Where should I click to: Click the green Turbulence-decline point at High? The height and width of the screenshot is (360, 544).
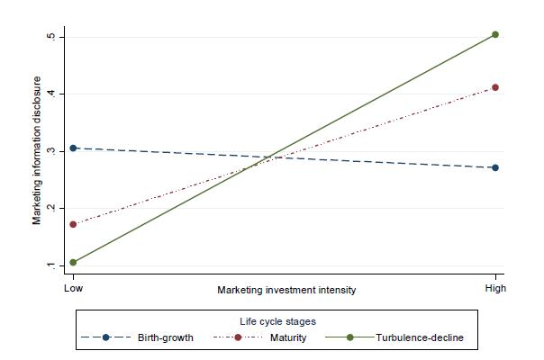tap(494, 35)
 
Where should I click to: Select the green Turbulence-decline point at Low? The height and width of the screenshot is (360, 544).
tap(73, 263)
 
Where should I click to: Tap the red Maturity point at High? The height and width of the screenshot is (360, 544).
tap(494, 87)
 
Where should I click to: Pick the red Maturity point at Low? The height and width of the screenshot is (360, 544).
tap(73, 224)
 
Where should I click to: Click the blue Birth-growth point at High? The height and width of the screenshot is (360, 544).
tap(494, 167)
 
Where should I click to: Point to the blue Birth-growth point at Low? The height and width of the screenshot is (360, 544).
tap(73, 148)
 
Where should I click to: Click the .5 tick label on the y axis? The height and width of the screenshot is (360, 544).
tap(50, 36)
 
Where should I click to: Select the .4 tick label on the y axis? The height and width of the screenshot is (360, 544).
tap(50, 94)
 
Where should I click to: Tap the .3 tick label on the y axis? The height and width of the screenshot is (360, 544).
tap(50, 150)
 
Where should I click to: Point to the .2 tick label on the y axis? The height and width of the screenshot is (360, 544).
tap(50, 208)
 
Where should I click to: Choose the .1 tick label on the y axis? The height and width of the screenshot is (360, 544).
tap(50, 265)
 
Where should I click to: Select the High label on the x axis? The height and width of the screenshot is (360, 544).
tap(494, 289)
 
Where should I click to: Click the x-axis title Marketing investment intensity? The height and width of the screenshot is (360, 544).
tap(286, 290)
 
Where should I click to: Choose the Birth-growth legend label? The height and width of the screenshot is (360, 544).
tap(167, 337)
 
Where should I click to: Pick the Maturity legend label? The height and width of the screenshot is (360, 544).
tap(288, 337)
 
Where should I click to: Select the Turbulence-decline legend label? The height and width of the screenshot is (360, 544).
tap(421, 337)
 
